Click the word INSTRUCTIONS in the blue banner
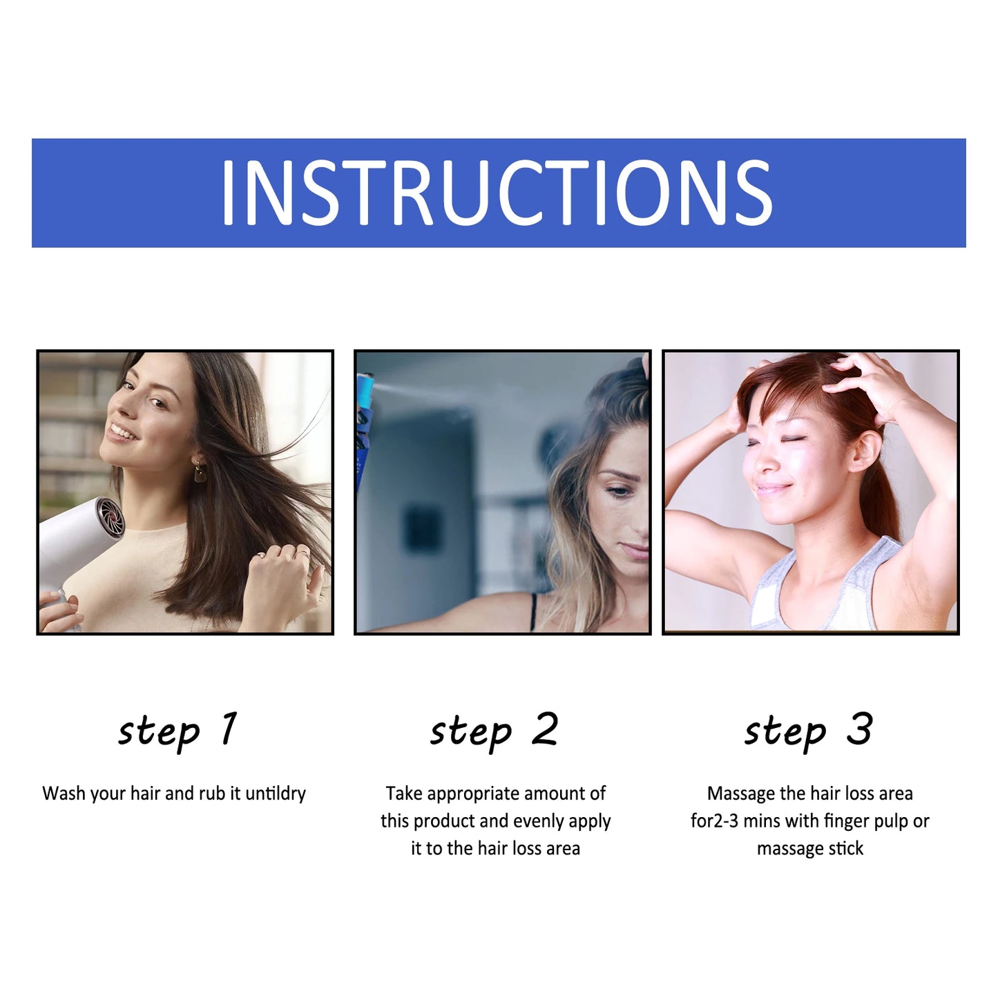point(496,193)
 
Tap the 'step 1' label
point(178,731)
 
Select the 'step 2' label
point(495,731)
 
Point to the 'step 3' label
point(808,731)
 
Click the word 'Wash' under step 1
point(64,794)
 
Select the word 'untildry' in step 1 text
point(276,794)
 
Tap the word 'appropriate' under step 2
point(472,794)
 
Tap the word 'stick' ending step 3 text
point(845,848)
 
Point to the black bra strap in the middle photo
point(532,611)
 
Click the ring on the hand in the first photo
point(261,555)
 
